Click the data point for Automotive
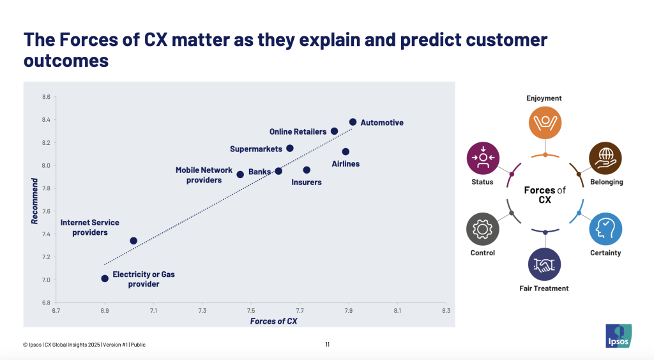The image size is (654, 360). point(353,122)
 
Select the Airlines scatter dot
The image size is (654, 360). point(346,152)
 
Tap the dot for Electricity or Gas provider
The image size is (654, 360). point(105,278)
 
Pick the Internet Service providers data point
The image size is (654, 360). point(133,241)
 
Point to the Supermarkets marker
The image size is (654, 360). point(290,148)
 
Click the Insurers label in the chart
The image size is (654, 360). point(307,182)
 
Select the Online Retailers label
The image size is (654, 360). point(298,131)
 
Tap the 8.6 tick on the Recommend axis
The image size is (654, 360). point(46,97)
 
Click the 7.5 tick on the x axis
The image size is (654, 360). point(251,310)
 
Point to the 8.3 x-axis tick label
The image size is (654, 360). point(446,310)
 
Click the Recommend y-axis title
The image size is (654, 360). point(34,201)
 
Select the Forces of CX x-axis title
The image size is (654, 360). point(273,321)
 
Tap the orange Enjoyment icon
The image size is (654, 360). point(545,123)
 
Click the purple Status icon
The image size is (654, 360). point(483,158)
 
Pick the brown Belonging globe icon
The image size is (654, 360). point(605,158)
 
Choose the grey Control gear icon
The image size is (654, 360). point(483,229)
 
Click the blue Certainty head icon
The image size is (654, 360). point(605,229)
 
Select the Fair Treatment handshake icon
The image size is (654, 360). point(544,265)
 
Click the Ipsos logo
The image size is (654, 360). point(618,336)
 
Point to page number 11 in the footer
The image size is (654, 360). point(328,345)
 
